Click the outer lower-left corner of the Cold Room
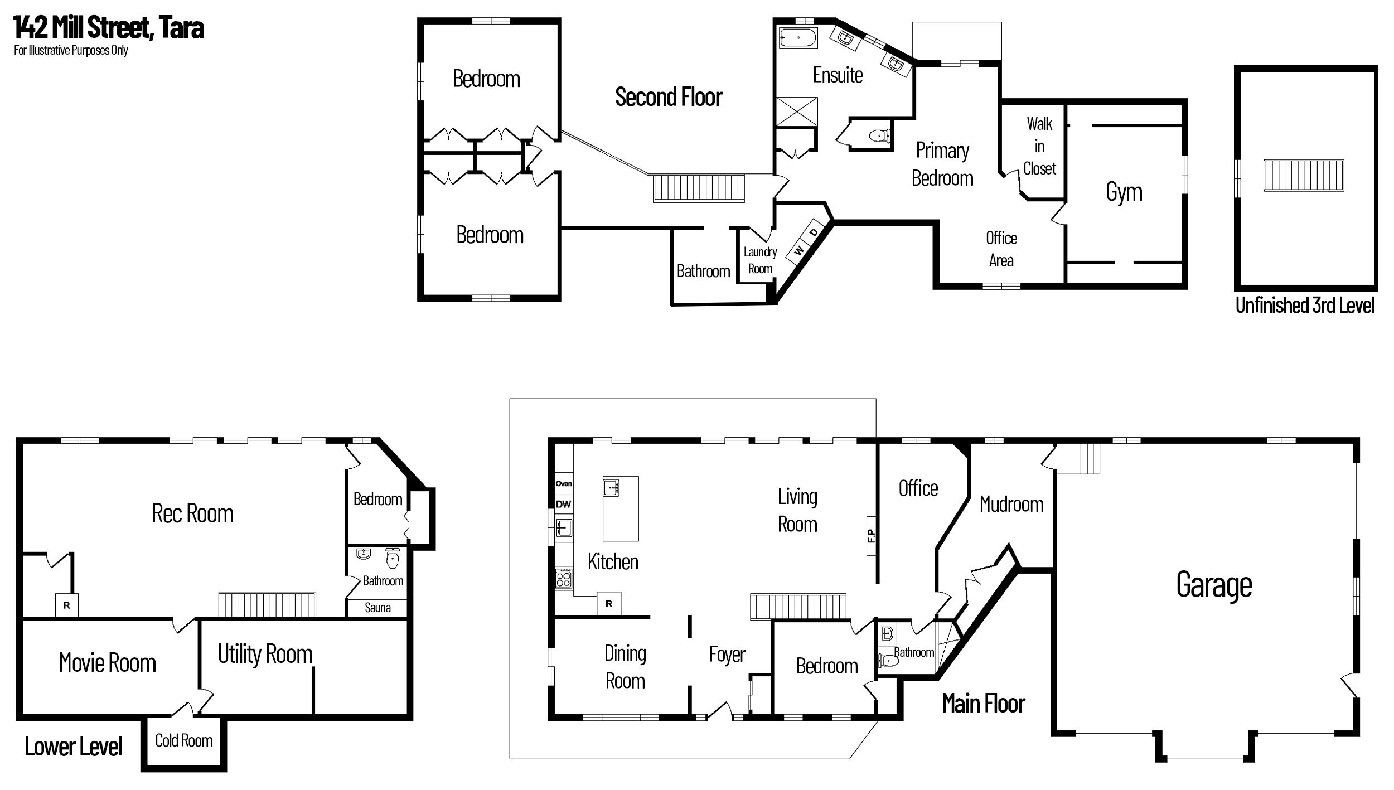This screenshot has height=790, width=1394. point(141,772)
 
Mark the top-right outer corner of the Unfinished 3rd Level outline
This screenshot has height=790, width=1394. point(1377,66)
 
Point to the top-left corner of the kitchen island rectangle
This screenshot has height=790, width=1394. point(603,476)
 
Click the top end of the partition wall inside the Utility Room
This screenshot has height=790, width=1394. point(313,668)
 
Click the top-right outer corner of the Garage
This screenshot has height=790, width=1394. point(1359,438)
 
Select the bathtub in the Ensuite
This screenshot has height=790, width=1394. point(797,38)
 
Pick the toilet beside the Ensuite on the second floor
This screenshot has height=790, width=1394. point(880,135)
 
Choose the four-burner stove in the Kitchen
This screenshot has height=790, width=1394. point(564,578)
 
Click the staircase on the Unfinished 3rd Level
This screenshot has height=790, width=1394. point(1304,175)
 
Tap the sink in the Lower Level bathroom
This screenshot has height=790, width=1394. point(364,554)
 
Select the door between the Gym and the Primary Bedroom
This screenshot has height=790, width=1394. point(1059,214)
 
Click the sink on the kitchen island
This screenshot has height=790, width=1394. point(612,487)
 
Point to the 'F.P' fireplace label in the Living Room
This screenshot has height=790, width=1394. point(872,535)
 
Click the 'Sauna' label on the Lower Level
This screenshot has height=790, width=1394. point(377,608)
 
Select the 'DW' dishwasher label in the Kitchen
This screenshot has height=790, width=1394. point(563,504)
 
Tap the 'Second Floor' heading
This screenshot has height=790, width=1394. point(669,97)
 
